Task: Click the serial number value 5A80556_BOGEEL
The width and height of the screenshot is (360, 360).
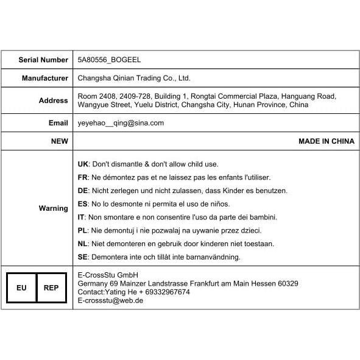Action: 109,60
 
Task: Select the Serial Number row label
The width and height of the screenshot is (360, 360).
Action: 43,60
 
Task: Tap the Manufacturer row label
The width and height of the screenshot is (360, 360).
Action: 45,78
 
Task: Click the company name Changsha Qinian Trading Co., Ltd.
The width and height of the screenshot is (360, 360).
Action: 134,78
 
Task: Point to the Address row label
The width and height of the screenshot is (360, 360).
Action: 54,101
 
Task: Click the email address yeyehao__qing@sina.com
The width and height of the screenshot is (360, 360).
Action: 121,122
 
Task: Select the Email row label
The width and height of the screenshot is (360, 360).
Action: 58,122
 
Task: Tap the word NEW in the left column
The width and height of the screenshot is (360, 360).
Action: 59,141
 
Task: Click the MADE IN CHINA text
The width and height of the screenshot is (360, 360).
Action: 326,141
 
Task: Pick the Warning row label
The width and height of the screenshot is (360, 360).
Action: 54,208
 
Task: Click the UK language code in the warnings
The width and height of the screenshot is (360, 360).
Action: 83,164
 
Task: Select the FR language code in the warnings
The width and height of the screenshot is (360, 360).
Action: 83,177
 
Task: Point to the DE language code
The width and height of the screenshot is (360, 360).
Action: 83,191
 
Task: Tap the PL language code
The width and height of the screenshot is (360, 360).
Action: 83,230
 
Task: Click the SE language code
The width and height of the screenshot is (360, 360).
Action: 83,257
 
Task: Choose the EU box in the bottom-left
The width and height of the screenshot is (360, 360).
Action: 21,288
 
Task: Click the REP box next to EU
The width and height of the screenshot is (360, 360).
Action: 51,288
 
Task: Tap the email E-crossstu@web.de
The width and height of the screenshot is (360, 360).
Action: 110,300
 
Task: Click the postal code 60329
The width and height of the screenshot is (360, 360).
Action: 286,283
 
